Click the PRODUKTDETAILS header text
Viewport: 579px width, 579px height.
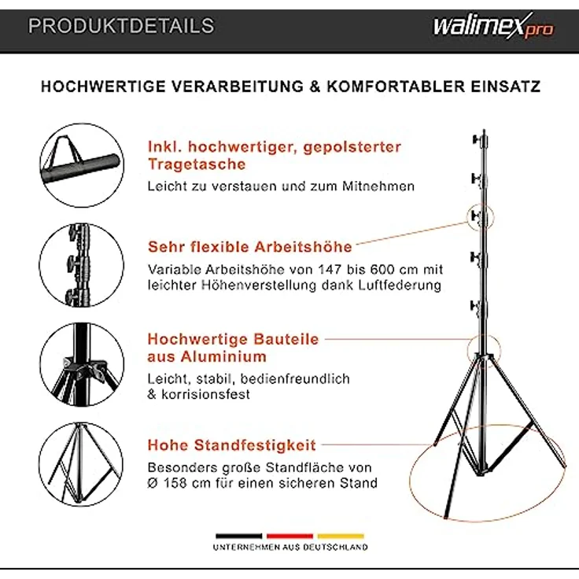[x=121, y=26]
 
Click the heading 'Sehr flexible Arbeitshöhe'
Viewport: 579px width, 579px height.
[x=249, y=246]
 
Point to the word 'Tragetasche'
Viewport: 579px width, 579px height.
[x=197, y=164]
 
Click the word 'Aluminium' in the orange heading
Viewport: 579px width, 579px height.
[x=207, y=356]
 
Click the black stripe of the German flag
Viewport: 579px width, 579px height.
[x=238, y=536]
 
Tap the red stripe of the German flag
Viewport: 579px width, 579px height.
[x=289, y=536]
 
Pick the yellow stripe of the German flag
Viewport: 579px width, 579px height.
[x=341, y=536]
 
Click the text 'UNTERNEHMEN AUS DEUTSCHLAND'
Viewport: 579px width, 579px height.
[x=289, y=547]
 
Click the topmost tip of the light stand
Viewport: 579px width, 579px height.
[x=480, y=129]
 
